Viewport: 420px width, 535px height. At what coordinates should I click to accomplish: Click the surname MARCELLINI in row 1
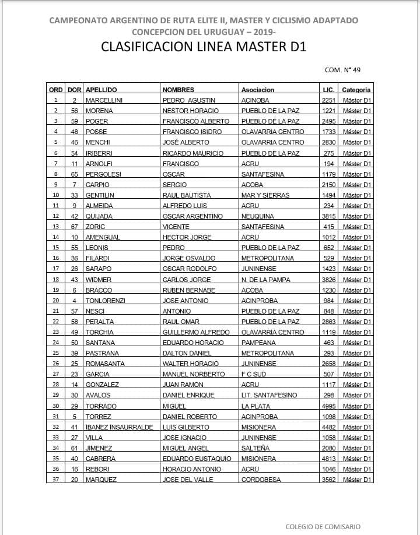pos(104,100)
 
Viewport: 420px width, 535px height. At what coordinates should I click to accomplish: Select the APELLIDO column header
pos(101,90)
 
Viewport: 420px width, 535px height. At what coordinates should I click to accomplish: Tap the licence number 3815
pos(328,216)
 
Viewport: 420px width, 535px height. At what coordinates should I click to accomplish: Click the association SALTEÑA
pos(255,448)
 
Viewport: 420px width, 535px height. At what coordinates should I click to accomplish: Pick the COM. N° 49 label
pos(342,70)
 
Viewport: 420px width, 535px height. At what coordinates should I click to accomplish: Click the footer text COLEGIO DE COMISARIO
pos(323,527)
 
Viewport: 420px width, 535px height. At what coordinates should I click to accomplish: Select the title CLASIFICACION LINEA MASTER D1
pos(204,47)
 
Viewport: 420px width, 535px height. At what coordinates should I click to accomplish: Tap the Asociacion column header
pos(257,90)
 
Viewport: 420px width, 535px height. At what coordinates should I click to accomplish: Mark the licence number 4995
pos(328,406)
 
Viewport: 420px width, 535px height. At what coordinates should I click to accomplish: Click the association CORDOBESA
pos(261,480)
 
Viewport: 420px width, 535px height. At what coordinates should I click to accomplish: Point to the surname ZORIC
pos(96,227)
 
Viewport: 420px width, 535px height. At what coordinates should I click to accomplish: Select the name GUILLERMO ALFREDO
pos(196,332)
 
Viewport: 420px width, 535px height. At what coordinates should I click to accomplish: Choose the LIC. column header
pos(328,90)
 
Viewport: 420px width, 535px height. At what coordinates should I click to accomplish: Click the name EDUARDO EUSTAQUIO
pos(197,459)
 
